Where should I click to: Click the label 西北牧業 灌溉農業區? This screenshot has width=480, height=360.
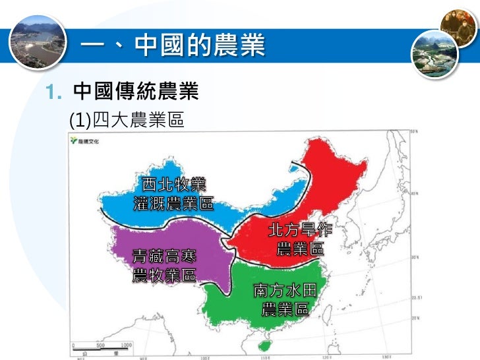[173, 193]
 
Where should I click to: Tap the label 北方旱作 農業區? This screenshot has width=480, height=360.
[300, 239]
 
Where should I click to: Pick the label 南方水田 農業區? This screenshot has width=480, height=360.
[285, 299]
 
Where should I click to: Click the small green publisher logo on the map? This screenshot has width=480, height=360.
[80, 141]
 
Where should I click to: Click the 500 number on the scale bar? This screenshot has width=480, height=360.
[101, 344]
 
